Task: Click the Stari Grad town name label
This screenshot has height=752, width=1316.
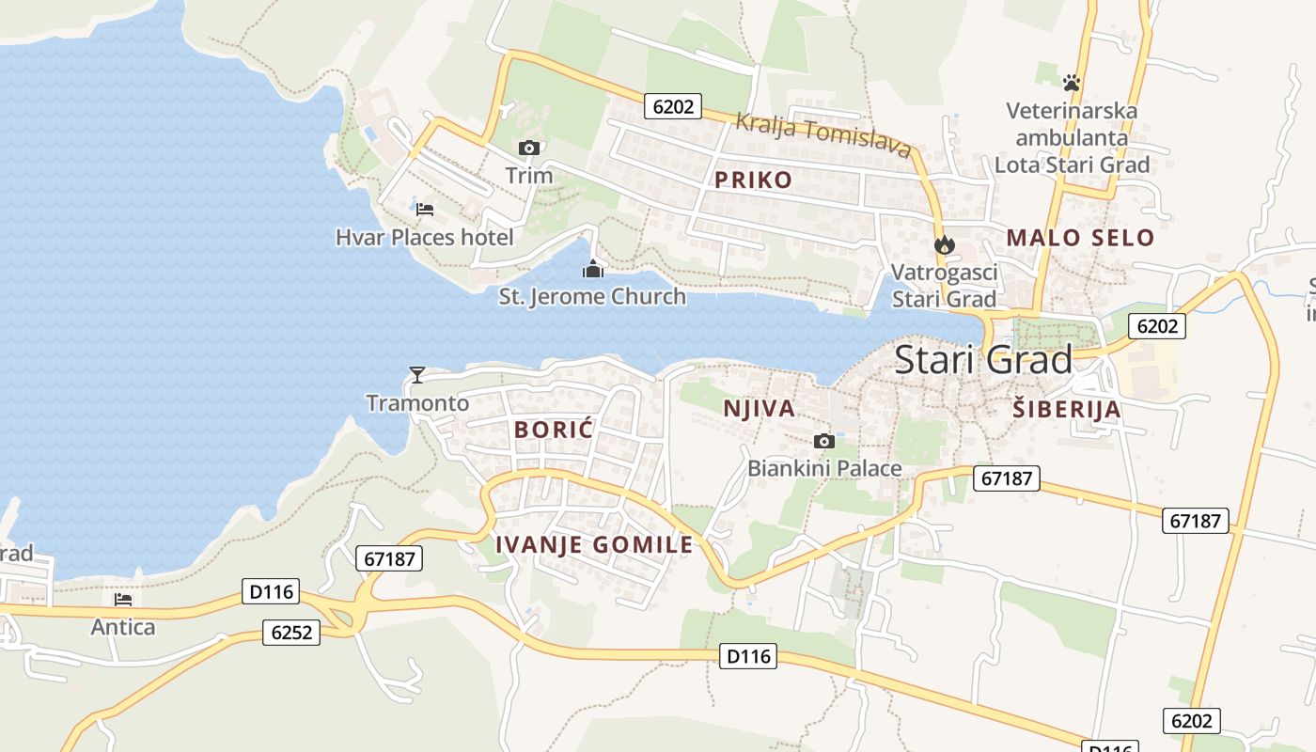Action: [982, 360]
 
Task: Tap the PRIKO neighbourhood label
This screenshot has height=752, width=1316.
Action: [753, 180]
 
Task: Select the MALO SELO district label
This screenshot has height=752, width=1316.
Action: [1080, 238]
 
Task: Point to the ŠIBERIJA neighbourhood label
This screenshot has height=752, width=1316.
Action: [1067, 409]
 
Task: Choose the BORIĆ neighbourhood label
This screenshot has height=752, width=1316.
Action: [555, 431]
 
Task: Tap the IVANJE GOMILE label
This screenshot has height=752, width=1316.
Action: [594, 544]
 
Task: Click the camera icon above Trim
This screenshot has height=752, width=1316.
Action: [529, 148]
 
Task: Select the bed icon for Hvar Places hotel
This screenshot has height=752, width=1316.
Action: [425, 209]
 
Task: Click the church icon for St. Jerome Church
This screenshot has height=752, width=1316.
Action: [593, 270]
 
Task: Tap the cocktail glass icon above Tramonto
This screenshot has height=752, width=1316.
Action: [417, 375]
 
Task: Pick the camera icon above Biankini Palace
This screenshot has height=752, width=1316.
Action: [824, 441]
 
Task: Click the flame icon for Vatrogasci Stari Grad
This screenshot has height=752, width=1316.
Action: [944, 245]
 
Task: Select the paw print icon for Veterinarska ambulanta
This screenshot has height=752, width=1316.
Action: [1072, 83]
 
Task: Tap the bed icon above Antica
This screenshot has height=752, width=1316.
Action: [123, 599]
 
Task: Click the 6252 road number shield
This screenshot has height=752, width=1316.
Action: [290, 633]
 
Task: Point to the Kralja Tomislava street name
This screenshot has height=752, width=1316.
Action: [822, 134]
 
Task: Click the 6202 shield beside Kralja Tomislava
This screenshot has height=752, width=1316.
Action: [673, 106]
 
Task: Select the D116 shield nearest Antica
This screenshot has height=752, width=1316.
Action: [271, 592]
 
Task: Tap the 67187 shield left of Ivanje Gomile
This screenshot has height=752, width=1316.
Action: [389, 558]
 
